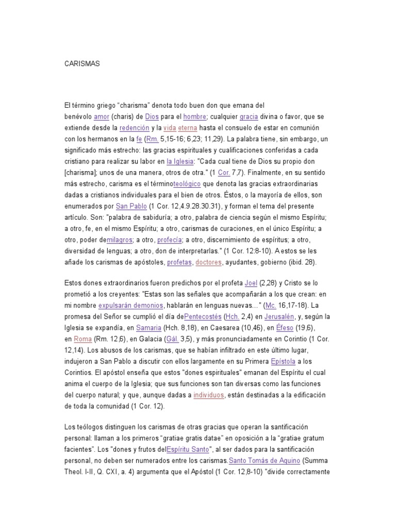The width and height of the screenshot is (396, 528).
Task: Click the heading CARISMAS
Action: (82, 64)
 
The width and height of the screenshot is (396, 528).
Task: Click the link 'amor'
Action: (102, 117)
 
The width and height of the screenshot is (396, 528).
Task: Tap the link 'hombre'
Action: (195, 117)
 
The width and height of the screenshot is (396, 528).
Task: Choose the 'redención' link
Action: (134, 127)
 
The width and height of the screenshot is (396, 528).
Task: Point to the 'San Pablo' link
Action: (131, 206)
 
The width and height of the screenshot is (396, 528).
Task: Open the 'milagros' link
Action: (119, 240)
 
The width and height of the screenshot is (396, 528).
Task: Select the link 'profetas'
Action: (179, 262)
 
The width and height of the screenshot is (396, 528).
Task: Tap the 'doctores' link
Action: (208, 262)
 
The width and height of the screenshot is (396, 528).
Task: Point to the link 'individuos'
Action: (208, 395)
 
